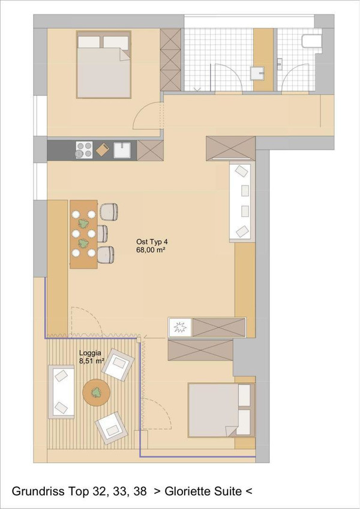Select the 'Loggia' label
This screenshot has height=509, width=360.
coord(90,353)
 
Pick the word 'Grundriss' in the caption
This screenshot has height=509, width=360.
coord(38,491)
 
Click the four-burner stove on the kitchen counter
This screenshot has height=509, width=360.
coord(84,149)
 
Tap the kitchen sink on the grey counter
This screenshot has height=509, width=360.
coord(122,150)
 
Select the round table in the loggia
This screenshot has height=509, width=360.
coord(96,393)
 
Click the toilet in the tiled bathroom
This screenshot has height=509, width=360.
coord(311,41)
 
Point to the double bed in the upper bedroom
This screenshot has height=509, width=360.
coord(104,65)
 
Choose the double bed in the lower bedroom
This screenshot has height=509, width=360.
coord(221,410)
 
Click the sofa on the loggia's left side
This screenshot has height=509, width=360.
coord(61,392)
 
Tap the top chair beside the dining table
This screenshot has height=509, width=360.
coord(109,211)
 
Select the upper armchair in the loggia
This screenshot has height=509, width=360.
coord(118,364)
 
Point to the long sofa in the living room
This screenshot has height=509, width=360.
coord(242,201)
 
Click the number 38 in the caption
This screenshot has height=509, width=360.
coord(140,491)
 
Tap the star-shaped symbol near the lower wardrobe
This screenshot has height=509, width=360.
coord(179,327)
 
